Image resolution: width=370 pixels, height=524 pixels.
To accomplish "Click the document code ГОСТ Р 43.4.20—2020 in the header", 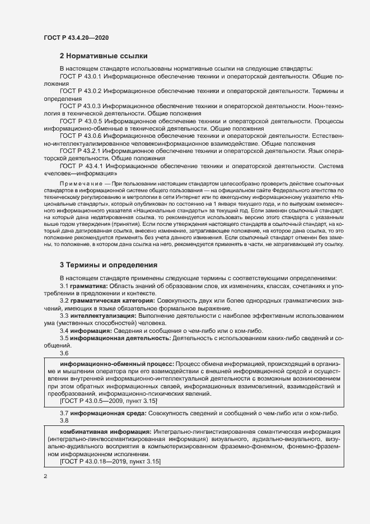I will point(76,38).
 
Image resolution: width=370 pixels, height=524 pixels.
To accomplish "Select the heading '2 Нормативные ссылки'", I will point(103,56).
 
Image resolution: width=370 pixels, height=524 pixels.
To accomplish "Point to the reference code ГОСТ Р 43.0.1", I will point(80,75).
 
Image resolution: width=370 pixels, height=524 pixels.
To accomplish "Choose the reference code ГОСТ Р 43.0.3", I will point(80,105).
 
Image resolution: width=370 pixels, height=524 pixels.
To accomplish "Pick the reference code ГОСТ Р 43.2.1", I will point(80,151).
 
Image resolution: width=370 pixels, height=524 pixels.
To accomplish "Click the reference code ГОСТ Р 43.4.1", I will point(80,166).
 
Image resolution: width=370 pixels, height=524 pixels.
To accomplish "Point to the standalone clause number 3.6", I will point(64,354).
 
